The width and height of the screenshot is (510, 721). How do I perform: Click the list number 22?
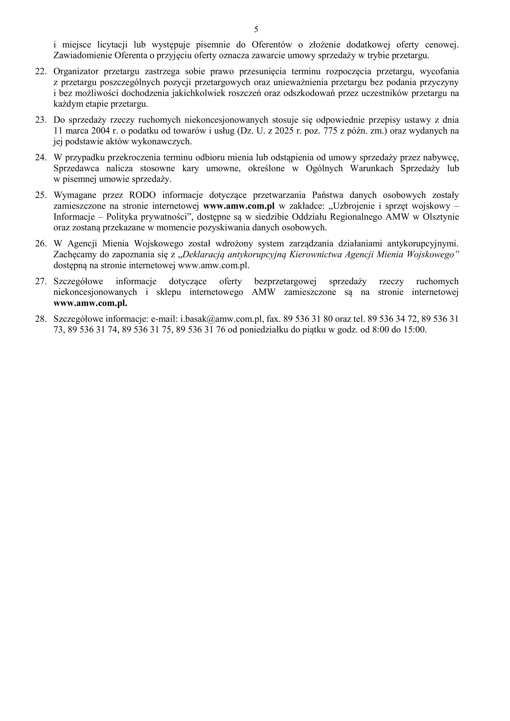point(41,72)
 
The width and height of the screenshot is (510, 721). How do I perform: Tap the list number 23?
point(41,120)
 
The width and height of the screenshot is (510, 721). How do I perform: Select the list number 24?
point(41,158)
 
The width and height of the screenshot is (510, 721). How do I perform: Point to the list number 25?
point(41,195)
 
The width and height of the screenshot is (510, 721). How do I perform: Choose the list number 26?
point(41,244)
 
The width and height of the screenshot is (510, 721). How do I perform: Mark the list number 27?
point(41,281)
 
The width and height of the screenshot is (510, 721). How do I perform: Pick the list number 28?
point(41,319)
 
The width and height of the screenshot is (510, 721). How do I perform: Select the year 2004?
point(99,131)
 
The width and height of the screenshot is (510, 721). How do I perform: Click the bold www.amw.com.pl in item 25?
point(239,206)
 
